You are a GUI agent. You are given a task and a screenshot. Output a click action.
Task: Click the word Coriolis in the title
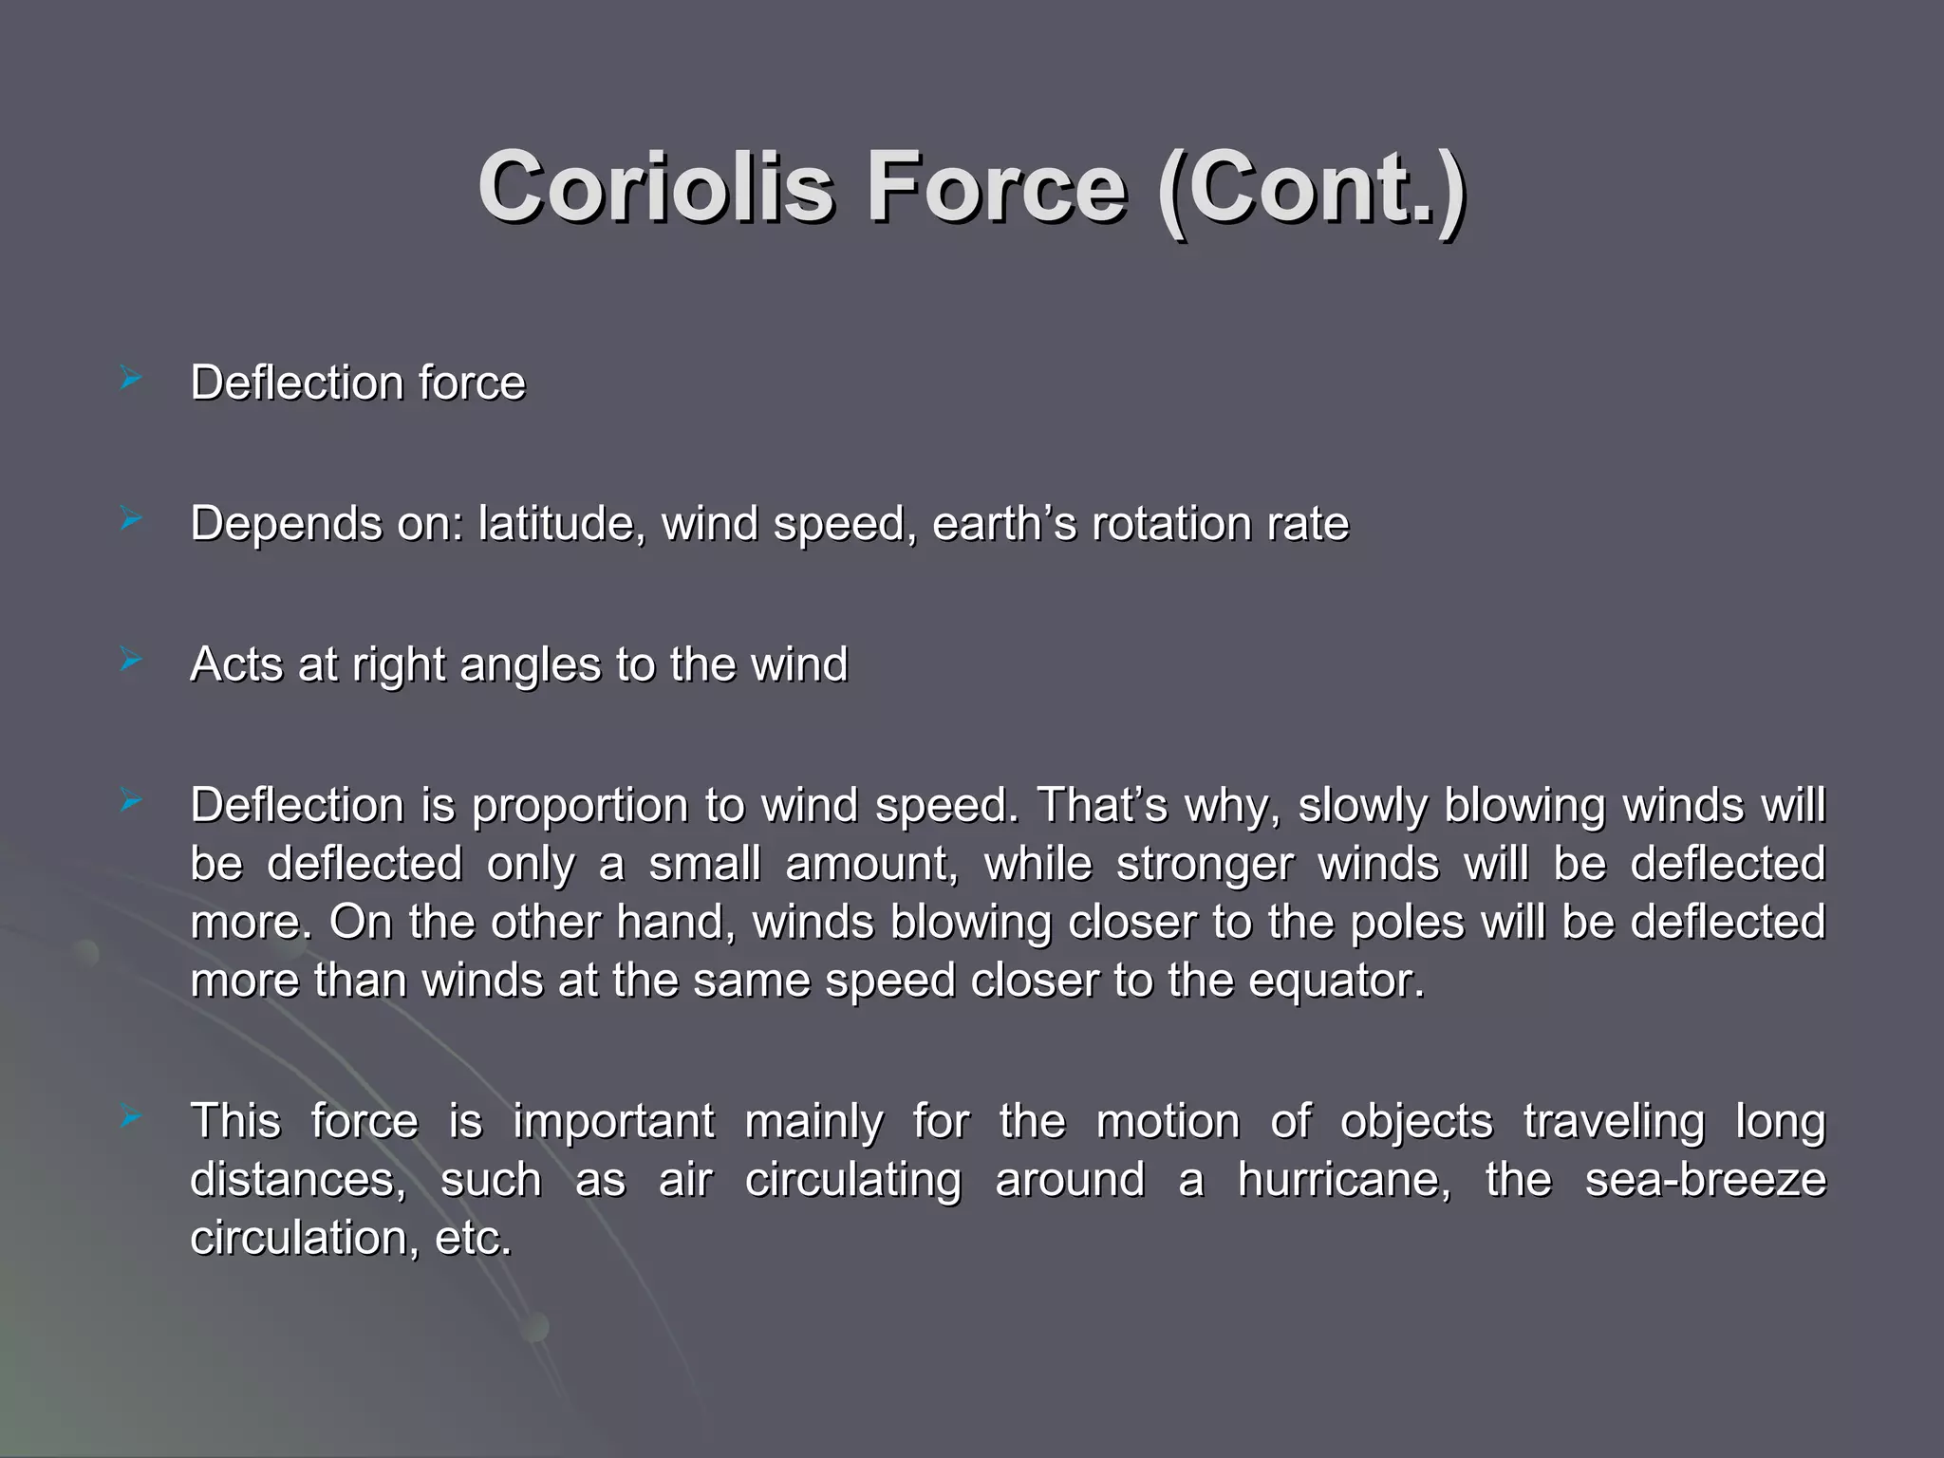[655, 187]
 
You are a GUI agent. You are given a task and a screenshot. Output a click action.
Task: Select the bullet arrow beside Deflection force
[131, 382]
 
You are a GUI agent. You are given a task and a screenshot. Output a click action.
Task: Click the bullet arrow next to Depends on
[131, 520]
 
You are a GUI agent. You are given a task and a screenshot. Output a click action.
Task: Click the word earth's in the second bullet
[1004, 524]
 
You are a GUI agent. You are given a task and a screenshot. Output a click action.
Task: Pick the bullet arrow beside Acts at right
[131, 661]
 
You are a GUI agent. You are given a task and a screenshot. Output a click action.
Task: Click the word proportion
[580, 807]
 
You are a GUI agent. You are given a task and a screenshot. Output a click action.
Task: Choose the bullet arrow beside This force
[131, 1118]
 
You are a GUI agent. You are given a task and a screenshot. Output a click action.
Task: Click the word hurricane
[1344, 1181]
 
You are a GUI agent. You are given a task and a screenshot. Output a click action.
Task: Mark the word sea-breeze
[1705, 1181]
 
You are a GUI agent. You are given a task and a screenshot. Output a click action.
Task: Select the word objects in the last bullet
[1416, 1122]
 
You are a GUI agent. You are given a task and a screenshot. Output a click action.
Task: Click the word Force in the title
[996, 187]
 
